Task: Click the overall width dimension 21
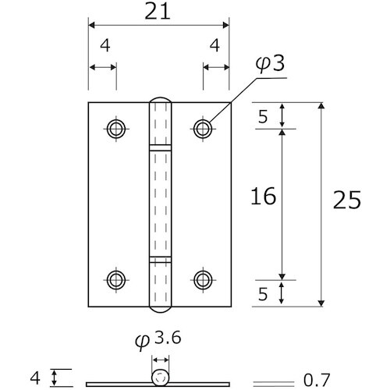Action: tap(158, 12)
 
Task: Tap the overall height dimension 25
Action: tap(347, 200)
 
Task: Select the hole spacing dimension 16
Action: tap(263, 196)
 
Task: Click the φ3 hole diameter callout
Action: tap(270, 64)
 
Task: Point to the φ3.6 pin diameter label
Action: tap(158, 340)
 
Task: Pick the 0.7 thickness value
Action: tap(317, 380)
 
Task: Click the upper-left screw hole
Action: tap(116, 129)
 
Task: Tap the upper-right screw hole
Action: tap(203, 129)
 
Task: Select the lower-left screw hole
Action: tap(116, 280)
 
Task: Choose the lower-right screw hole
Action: tap(203, 280)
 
